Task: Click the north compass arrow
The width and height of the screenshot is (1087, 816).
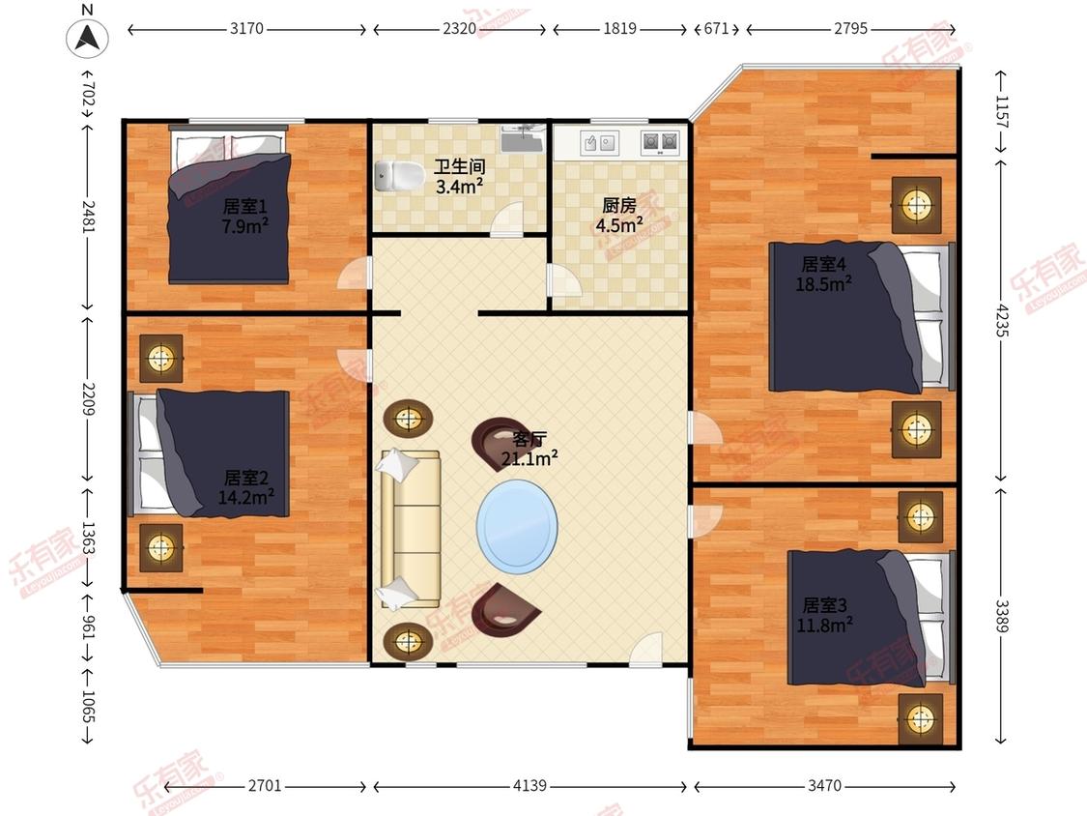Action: coord(87,37)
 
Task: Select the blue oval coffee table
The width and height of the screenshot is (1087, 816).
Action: coord(517,527)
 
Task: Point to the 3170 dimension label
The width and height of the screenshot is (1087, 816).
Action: coord(246,28)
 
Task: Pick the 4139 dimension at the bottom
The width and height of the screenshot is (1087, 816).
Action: coord(529,785)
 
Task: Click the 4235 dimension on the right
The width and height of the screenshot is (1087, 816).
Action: coord(1002,320)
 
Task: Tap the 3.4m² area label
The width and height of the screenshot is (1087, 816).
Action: coord(460,186)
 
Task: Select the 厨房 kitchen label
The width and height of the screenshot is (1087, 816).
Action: coord(619,205)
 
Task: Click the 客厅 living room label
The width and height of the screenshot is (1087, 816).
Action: coord(529,439)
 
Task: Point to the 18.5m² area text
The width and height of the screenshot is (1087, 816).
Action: coord(823,284)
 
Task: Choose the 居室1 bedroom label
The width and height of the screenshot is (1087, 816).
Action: coord(244,206)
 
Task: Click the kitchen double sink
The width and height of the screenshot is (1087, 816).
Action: coord(599,143)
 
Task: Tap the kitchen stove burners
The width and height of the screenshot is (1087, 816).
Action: coord(660,142)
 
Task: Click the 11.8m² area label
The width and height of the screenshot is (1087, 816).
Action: coord(824,625)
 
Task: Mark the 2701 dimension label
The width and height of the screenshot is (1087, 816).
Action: coord(265,785)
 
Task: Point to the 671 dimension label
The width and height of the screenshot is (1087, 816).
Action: coord(716,28)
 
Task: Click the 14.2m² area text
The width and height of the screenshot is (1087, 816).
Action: coord(246,497)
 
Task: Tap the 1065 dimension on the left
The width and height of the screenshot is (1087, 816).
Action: coord(88,707)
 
